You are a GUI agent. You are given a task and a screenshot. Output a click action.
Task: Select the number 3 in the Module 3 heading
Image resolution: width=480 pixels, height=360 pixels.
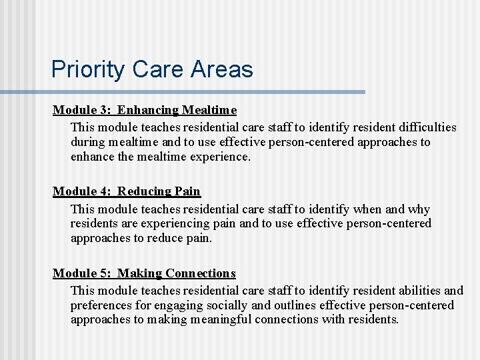102,109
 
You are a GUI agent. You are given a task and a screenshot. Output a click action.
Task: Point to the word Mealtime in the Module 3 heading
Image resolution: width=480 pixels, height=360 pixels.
209,109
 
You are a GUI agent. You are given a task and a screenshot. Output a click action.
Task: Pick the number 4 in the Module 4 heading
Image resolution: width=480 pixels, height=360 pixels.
102,191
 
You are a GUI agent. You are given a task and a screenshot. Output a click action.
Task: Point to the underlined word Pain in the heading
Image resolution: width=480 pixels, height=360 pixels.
187,191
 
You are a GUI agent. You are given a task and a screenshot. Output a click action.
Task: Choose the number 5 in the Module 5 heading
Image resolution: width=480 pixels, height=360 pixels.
102,273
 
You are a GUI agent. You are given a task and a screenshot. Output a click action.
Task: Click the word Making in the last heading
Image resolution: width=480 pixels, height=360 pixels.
140,273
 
